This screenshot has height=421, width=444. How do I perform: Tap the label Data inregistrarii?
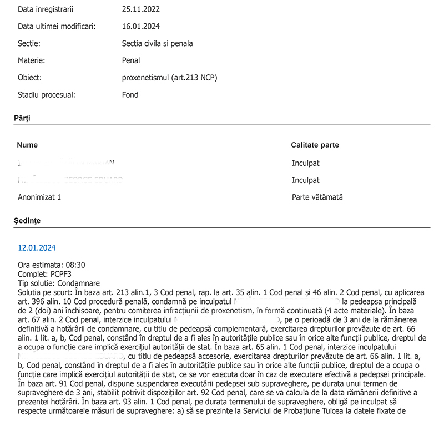point(46,9)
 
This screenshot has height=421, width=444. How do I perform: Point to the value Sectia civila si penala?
point(157,43)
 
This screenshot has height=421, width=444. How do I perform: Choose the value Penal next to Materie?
point(131,60)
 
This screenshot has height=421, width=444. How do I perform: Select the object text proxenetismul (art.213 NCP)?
point(169,78)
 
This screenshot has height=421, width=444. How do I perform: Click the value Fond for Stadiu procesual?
point(130,94)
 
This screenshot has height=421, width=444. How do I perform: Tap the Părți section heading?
point(22,118)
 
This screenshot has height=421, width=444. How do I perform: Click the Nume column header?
point(27,145)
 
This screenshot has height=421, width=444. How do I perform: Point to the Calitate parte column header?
point(315,145)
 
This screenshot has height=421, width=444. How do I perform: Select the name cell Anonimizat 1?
point(39,197)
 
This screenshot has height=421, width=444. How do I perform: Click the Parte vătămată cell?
point(317,197)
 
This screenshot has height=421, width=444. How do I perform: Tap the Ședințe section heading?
point(27,221)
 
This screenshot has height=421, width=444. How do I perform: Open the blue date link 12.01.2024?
point(37,248)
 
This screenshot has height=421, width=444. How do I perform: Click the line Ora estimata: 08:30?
point(52,265)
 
